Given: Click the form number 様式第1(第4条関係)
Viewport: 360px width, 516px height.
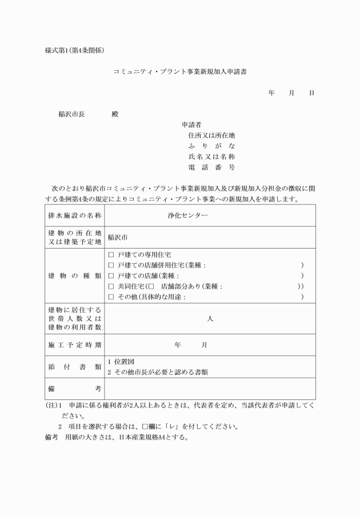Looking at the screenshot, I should [x=75, y=50].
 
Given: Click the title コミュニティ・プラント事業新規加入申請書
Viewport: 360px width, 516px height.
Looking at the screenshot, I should [x=180, y=72].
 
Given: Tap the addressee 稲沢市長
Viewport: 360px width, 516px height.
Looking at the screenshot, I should [x=71, y=114].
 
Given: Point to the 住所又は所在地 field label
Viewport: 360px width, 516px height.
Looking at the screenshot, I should [x=211, y=135].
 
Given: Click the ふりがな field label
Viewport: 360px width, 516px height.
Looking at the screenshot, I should [x=211, y=146].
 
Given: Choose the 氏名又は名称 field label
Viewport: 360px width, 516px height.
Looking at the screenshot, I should [x=211, y=157].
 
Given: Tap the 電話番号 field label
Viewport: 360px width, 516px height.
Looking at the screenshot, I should [x=211, y=167].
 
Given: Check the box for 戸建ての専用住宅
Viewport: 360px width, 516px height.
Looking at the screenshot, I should [x=111, y=255].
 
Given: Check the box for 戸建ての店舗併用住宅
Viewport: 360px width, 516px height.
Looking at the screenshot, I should [x=111, y=265].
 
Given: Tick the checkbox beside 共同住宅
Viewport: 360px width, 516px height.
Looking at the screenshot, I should [x=111, y=286].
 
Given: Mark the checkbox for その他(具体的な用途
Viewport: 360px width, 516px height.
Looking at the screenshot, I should [x=111, y=297].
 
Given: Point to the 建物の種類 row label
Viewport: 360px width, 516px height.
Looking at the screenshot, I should [x=75, y=276].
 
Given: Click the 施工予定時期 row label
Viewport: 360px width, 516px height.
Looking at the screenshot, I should [x=75, y=345].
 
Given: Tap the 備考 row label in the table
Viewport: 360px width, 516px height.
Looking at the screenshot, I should [x=75, y=389].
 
